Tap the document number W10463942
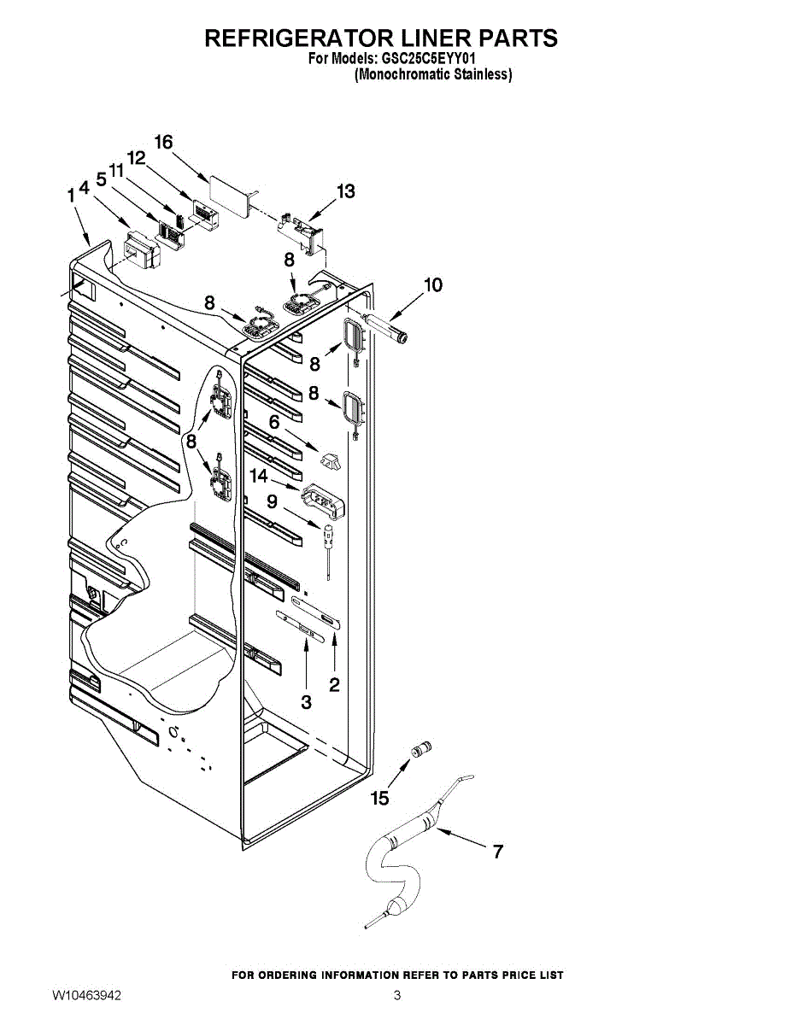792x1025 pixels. tap(86, 996)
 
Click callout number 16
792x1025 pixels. tap(163, 142)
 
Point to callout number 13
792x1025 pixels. tap(345, 191)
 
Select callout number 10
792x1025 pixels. tap(433, 284)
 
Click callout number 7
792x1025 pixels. tap(497, 851)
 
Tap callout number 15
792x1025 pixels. tap(379, 799)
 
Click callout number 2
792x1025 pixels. tap(334, 684)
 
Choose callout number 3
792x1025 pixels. tap(306, 702)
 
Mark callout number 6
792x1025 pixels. tap(274, 422)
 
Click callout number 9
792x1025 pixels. tap(272, 501)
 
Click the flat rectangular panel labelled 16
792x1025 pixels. tap(227, 190)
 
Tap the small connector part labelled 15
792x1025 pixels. tap(420, 750)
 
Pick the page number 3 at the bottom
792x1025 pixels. tap(397, 996)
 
